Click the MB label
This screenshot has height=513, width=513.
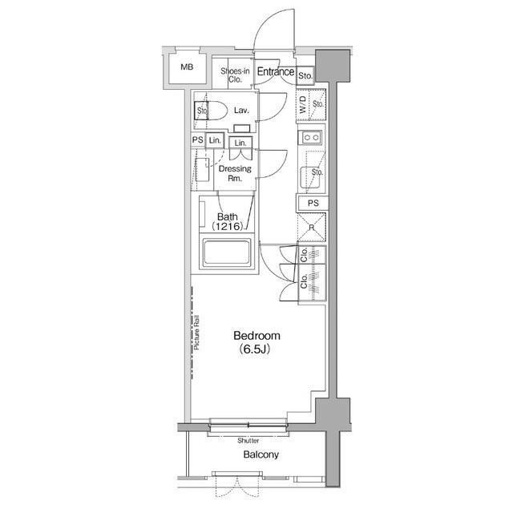click(186, 67)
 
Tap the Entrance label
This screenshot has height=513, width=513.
click(275, 72)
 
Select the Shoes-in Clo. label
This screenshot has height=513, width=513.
click(235, 75)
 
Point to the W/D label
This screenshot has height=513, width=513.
click(302, 103)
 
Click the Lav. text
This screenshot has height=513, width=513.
click(242, 111)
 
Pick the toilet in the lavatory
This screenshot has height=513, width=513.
click(207, 111)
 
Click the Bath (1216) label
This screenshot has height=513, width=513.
click(228, 222)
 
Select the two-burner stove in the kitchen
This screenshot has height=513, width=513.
click(310, 138)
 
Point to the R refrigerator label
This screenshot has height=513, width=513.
click(310, 228)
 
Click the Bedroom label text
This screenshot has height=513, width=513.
click(257, 335)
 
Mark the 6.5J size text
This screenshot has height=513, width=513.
click(257, 349)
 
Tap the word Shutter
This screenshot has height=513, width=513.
click(248, 440)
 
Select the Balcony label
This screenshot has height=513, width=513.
click(261, 455)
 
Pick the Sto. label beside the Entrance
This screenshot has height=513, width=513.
click(305, 76)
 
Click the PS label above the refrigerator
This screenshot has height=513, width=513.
click(313, 203)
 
